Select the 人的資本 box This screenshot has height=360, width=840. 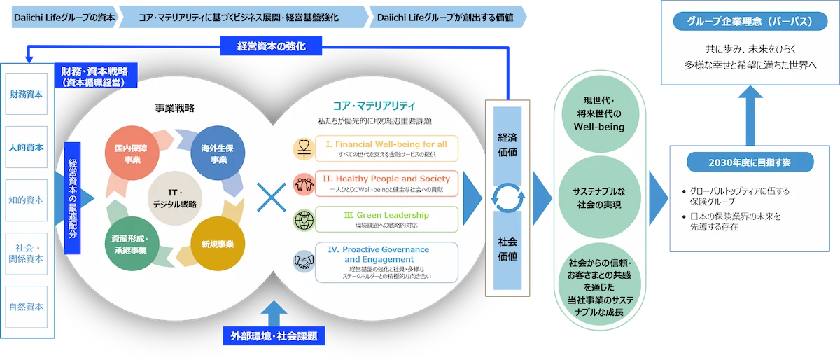[x=27, y=147]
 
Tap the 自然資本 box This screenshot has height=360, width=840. [x=27, y=306]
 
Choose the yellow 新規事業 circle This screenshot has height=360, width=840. [x=214, y=244]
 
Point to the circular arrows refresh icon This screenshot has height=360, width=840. [x=508, y=198]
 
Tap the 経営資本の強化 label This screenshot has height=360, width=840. [x=272, y=47]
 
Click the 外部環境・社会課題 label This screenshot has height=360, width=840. [x=274, y=336]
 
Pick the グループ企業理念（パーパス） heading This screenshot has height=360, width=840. [x=750, y=22]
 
